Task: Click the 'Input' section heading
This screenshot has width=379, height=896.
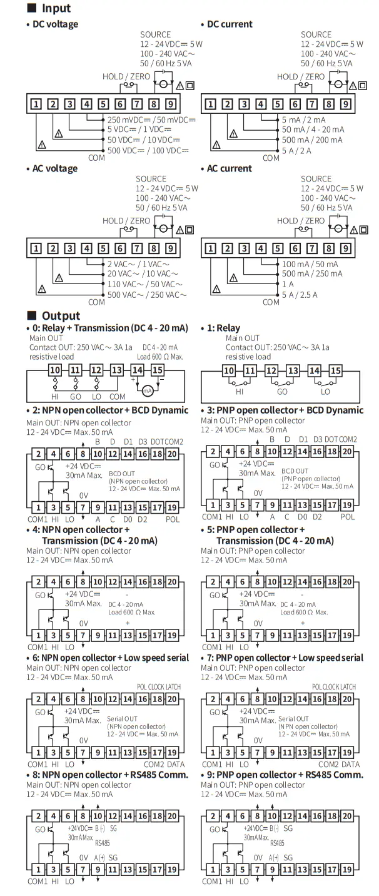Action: click(x=56, y=8)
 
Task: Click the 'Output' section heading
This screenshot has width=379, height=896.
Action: click(x=60, y=315)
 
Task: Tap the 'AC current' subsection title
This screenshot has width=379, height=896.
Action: click(x=229, y=168)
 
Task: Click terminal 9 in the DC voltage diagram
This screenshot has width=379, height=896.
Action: click(x=170, y=104)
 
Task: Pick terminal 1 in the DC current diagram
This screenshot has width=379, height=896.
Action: click(x=211, y=104)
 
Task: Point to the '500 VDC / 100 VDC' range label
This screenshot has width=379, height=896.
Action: click(x=148, y=150)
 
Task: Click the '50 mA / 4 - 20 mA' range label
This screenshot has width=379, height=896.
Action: click(x=313, y=130)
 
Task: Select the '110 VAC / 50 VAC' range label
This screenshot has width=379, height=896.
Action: click(x=145, y=284)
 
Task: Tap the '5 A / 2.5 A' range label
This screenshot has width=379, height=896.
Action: click(x=300, y=294)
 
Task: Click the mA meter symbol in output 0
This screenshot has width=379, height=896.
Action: click(x=148, y=390)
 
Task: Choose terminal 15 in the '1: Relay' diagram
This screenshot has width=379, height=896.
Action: click(x=336, y=370)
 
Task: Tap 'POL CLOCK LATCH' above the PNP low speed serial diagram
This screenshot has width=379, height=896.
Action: click(x=334, y=686)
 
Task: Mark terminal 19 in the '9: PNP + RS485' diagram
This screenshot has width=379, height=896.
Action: click(x=348, y=869)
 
